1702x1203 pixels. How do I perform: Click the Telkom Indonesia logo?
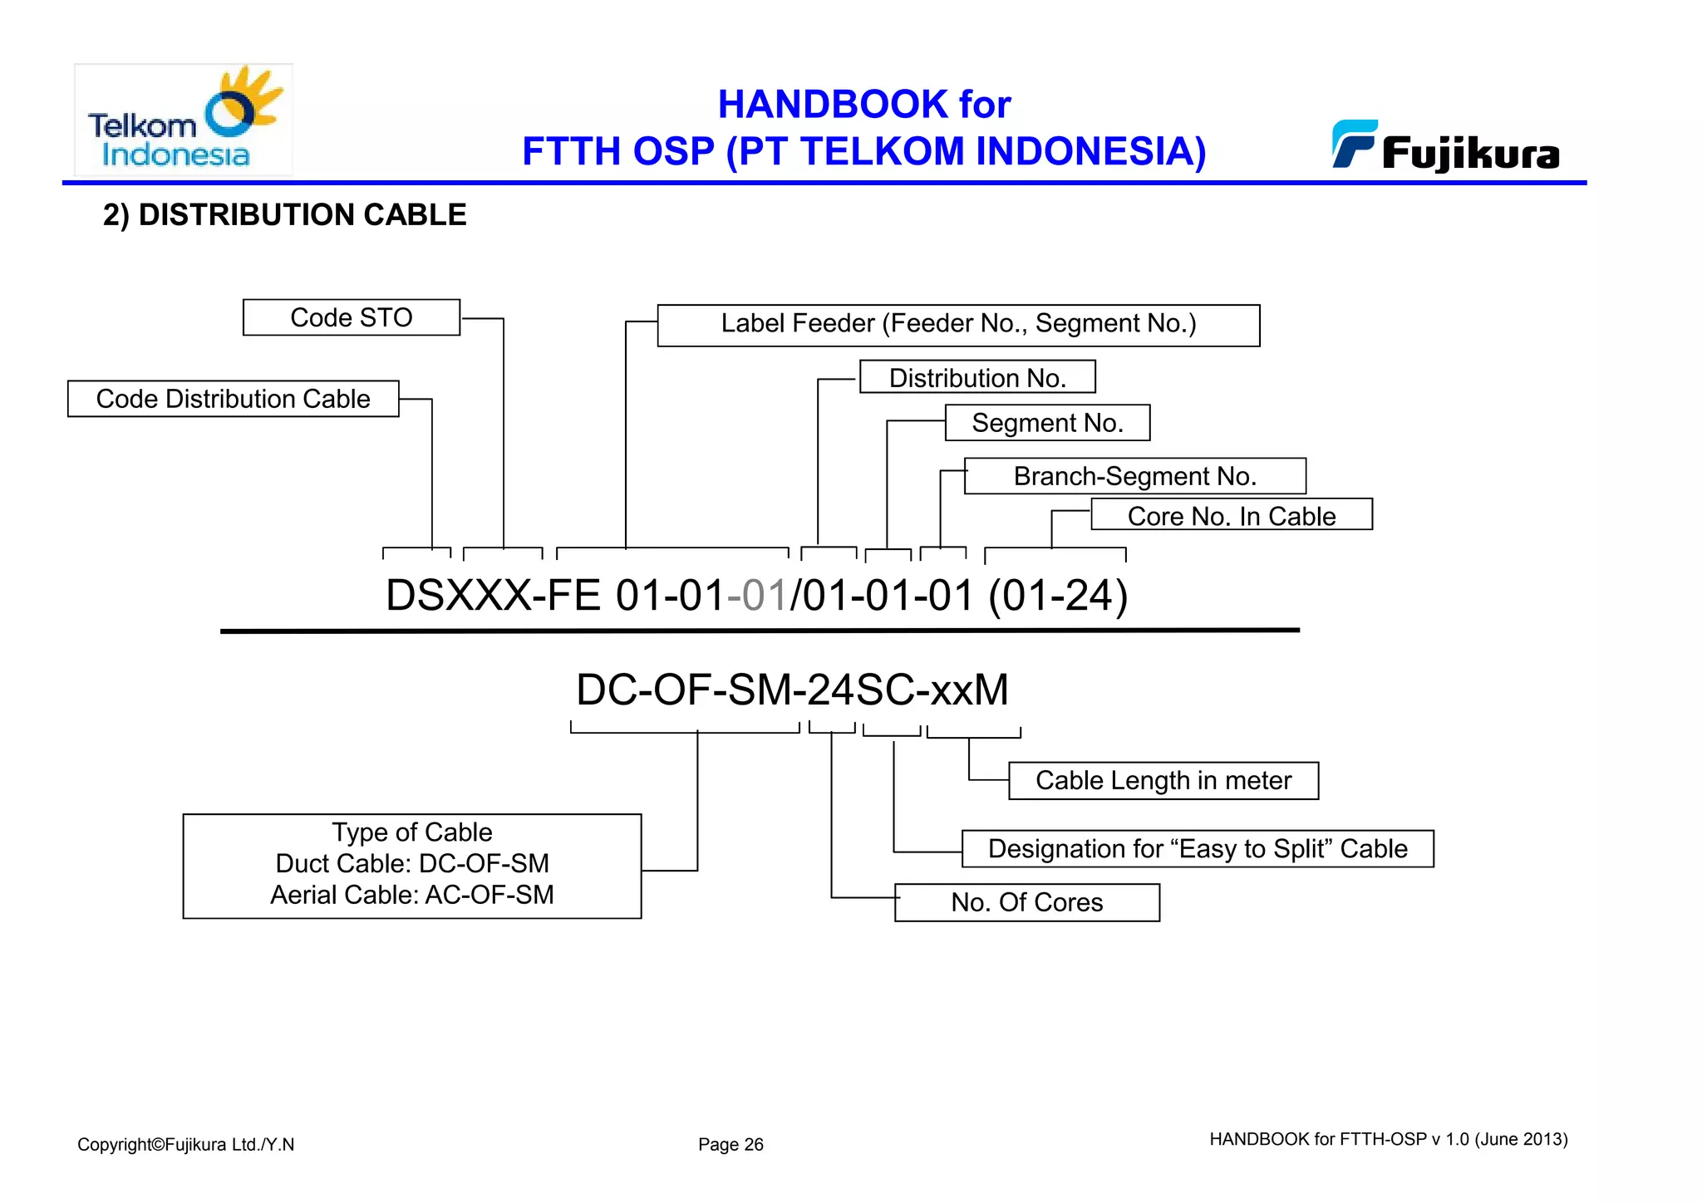[x=184, y=120]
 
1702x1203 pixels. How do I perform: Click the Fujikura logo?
[x=1446, y=146]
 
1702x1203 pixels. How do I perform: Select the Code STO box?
[x=351, y=317]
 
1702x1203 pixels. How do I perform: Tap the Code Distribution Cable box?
[x=233, y=399]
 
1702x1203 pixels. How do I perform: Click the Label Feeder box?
[x=958, y=325]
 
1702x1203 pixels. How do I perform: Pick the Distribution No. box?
[x=977, y=377]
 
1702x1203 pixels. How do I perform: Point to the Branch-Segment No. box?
[x=1134, y=476]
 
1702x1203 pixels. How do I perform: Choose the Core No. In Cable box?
[x=1231, y=515]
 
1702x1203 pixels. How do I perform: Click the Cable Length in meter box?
[x=1163, y=781]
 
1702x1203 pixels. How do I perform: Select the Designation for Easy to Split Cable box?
[x=1198, y=849]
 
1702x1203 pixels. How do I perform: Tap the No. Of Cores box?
[x=1026, y=902]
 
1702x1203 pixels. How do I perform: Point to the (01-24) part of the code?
[x=1057, y=596]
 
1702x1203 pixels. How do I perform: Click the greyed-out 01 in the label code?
[x=764, y=596]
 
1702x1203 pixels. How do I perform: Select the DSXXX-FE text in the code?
[x=493, y=596]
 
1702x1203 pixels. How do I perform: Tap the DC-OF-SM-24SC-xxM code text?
[x=792, y=690]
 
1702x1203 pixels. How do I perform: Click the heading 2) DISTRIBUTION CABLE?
[x=284, y=215]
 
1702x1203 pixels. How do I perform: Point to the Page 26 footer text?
[x=730, y=1144]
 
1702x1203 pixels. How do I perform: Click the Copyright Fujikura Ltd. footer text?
[x=185, y=1144]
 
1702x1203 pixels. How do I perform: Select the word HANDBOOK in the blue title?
[x=833, y=105]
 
